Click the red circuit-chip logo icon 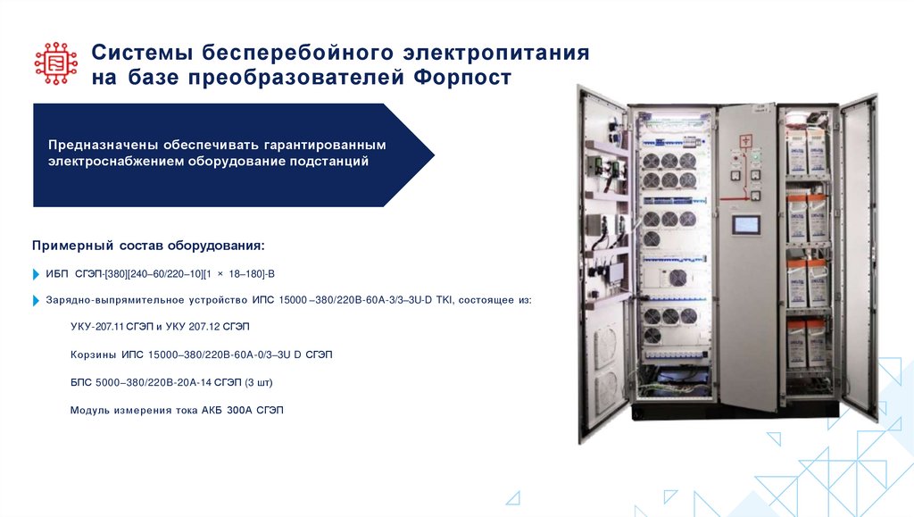click(x=56, y=63)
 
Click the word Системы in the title click(x=140, y=53)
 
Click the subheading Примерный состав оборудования click(x=148, y=245)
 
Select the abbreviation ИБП click(x=56, y=274)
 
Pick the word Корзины click(x=93, y=355)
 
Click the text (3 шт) click(x=255, y=382)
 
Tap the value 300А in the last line click(x=237, y=410)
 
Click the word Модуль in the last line click(x=89, y=410)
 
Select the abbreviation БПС click(x=81, y=382)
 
